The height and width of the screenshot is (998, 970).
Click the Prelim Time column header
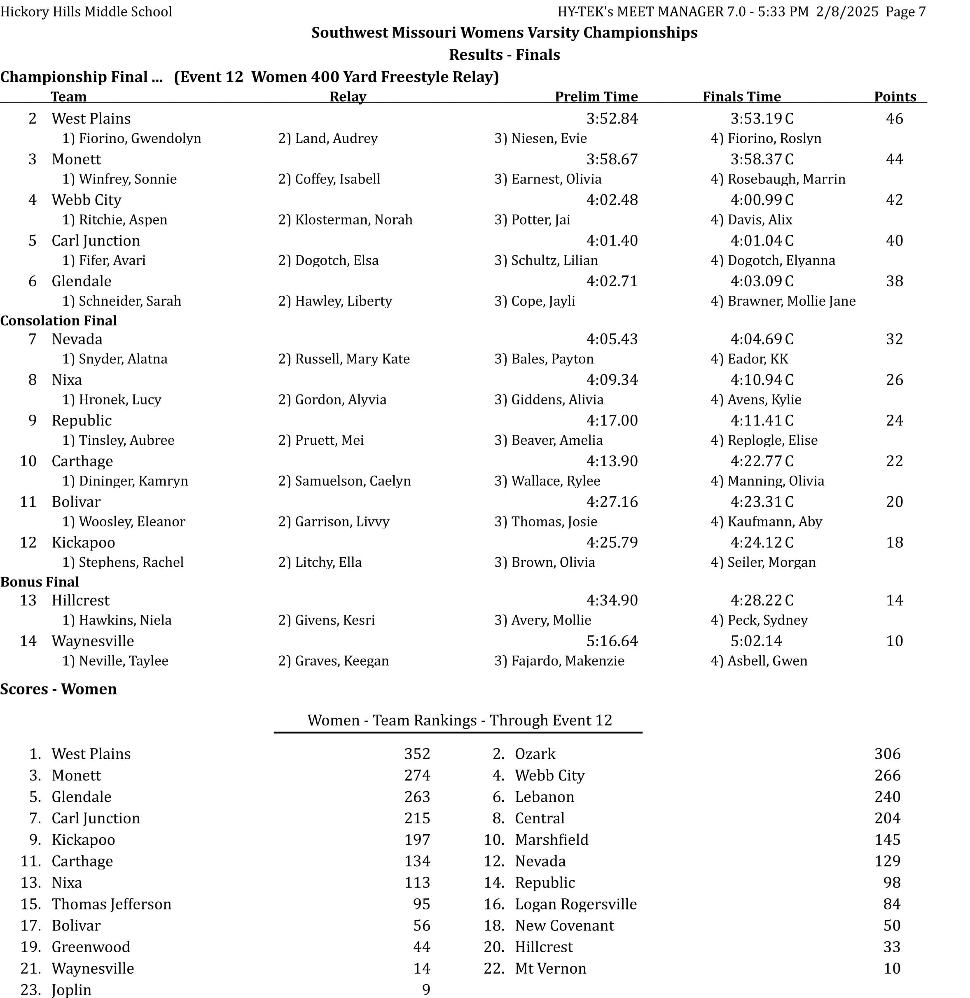596,96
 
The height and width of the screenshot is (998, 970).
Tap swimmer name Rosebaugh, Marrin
786,179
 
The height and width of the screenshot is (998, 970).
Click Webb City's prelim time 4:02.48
611,200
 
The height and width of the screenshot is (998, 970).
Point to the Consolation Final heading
58,320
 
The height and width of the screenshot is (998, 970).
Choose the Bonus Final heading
40,582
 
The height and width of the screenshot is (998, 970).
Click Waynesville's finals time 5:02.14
756,641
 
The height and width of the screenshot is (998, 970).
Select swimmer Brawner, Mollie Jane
791,301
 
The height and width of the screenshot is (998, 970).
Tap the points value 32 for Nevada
894,339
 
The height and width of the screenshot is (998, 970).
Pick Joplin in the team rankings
71,989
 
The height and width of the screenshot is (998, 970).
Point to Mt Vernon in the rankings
550,968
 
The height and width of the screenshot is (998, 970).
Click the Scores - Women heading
58,689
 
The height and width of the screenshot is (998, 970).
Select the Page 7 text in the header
905,11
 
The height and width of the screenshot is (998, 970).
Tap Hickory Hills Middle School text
86,11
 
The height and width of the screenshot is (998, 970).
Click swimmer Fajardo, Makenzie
568,661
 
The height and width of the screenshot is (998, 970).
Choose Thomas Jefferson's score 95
421,904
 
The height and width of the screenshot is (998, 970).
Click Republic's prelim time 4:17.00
611,420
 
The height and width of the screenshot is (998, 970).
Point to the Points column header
895,96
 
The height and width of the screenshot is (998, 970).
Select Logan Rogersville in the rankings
576,904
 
